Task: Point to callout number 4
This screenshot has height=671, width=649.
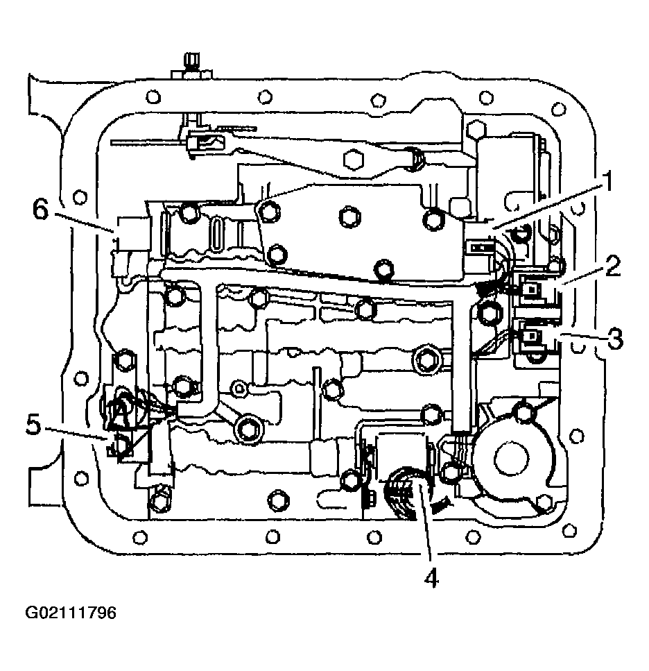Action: (x=431, y=579)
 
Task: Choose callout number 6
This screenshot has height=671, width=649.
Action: (x=40, y=210)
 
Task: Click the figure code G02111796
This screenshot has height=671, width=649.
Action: (x=71, y=613)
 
